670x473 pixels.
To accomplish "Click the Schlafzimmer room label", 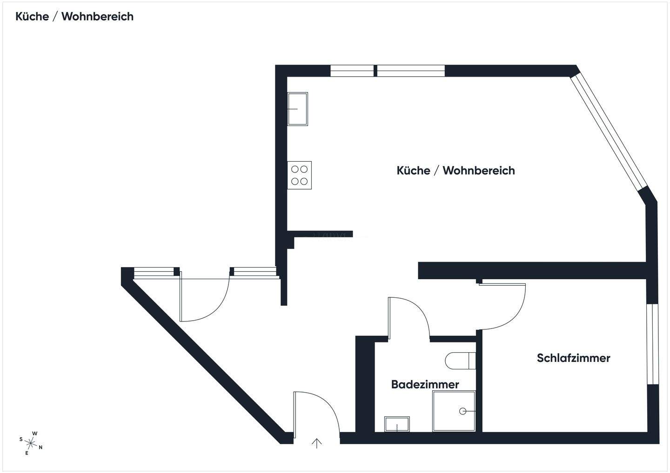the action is point(573,358).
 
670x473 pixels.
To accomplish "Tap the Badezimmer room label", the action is point(425,384).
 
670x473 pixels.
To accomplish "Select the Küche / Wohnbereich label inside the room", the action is point(456,171).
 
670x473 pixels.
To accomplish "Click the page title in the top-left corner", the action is point(74,17).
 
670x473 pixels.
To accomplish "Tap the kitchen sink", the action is point(297,109).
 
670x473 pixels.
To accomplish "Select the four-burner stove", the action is point(299,175).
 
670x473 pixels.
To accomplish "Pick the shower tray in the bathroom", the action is point(454,411).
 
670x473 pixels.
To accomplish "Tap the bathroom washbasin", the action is point(397,424).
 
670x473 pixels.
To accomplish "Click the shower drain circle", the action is point(462,411).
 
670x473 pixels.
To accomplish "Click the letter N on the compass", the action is point(40,447).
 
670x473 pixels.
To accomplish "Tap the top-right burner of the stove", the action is point(304,169).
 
